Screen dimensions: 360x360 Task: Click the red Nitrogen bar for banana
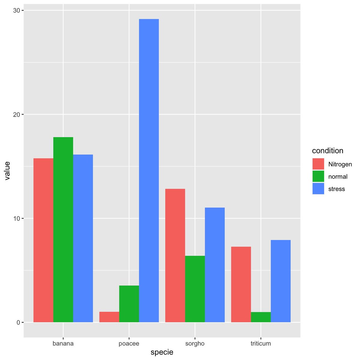tap(43, 240)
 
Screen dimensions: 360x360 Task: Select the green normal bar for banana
tap(63, 229)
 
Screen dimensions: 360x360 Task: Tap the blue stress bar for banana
tap(83, 238)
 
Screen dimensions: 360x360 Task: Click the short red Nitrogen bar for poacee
tap(109, 317)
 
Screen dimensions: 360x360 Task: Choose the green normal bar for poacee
tap(129, 304)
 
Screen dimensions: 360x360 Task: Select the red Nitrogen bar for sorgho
tap(175, 255)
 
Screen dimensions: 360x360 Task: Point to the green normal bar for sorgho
tap(195, 289)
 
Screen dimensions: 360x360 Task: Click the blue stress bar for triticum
tap(280, 281)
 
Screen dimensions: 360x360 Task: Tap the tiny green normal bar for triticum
tap(261, 317)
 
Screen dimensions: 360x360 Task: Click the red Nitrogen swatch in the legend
tap(318, 164)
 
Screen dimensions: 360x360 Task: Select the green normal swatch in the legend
tap(318, 176)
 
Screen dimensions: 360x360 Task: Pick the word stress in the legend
tap(337, 189)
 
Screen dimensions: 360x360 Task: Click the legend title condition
tap(328, 151)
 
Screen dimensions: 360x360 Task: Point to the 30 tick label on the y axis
tap(17, 10)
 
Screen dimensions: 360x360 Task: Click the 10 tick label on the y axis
tap(17, 218)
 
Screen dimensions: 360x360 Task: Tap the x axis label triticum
tap(261, 343)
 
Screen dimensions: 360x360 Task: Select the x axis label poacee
tap(129, 343)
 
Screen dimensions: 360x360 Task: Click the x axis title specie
tap(162, 352)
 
